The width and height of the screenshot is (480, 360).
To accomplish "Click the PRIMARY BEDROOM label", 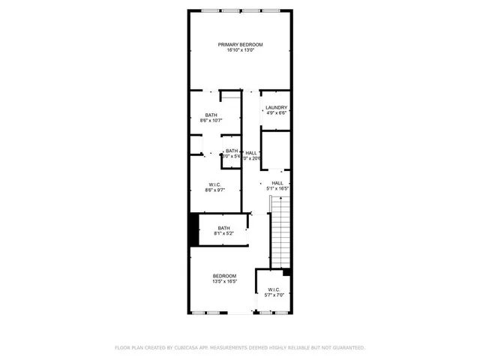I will pos(241,44).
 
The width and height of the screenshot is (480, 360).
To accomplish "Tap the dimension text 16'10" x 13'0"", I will pos(241,50).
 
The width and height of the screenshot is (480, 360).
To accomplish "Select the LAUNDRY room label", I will pos(276,107).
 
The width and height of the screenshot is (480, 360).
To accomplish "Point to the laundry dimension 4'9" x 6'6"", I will pos(276,113).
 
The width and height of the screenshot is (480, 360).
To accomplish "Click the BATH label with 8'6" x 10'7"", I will pos(211,114).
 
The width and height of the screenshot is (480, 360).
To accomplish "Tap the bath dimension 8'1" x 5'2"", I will pos(223,234).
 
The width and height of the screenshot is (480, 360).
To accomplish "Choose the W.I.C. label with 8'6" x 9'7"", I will pos(214,184).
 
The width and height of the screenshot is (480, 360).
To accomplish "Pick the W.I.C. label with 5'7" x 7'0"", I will pos(273,289).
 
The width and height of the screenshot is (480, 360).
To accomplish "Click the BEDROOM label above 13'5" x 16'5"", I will pos(224,275).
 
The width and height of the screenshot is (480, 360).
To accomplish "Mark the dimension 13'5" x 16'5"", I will pos(224,281).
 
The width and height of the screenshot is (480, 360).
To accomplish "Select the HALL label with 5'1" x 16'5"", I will pos(277,182).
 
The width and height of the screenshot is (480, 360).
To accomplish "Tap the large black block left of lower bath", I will pos(193,229).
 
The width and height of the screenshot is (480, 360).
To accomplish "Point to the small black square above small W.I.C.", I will pos(286,271).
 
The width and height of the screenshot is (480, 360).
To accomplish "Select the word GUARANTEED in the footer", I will pos(346,347).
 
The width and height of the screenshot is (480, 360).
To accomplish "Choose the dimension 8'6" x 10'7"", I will pos(211,120).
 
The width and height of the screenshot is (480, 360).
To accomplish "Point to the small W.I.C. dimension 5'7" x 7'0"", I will pos(273,295).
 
